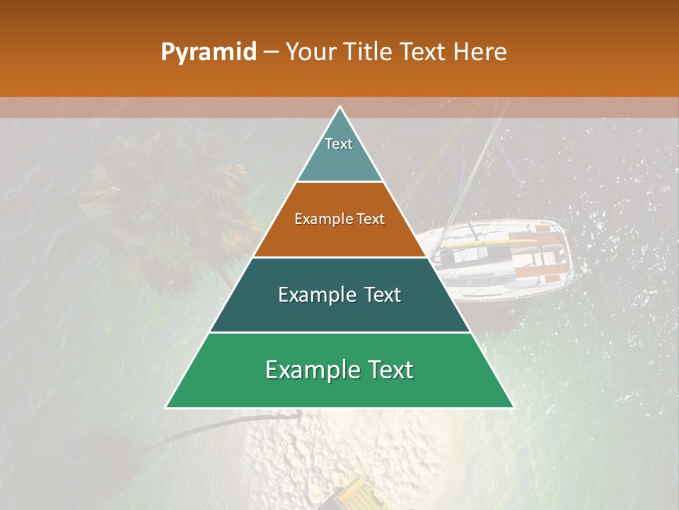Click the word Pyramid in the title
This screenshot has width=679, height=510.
coord(208,52)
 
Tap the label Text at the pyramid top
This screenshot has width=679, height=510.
coord(339,144)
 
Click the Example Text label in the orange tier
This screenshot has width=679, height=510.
coord(339,219)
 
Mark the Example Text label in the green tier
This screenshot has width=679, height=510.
coord(339,370)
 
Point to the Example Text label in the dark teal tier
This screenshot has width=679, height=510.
coord(339,295)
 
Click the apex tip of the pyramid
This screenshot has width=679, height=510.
coord(339,108)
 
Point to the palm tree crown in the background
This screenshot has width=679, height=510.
coord(170,205)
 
